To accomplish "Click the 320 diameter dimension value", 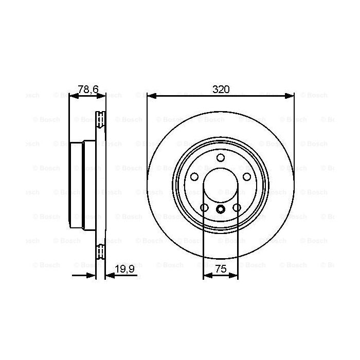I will click(x=221, y=89).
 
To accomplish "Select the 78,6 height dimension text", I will click(x=87, y=89).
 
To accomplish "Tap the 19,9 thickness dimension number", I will click(x=121, y=269).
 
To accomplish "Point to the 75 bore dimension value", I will click(x=221, y=269).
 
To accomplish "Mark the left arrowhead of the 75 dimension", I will click(x=206, y=276).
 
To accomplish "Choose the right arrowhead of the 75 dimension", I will click(x=235, y=276).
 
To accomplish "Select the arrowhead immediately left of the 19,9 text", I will click(x=108, y=276).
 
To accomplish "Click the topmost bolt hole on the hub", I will click(x=221, y=157).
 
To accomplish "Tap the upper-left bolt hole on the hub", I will click(x=195, y=176).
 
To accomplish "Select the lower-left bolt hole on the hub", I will click(x=204, y=207).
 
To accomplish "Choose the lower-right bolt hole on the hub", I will click(x=237, y=207).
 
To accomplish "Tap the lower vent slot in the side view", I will click(x=101, y=253).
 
